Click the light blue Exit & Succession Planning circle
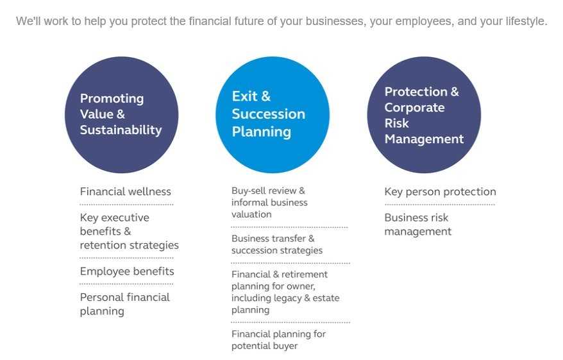coord(273,115)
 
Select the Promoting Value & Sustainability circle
coord(122,115)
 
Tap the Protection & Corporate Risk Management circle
coord(424,115)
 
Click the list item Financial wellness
coord(125,191)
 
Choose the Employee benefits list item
coord(127,271)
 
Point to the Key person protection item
coord(440,192)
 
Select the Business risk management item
coord(418,225)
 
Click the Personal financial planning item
coord(125,304)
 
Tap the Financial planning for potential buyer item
coord(279,340)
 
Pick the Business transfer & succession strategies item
coord(277,244)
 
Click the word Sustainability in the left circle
coord(121,130)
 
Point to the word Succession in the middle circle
coord(269,114)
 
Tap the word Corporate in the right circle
coord(415,107)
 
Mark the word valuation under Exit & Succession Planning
coord(251,214)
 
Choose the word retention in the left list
coord(103,245)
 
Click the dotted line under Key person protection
coord(440,205)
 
